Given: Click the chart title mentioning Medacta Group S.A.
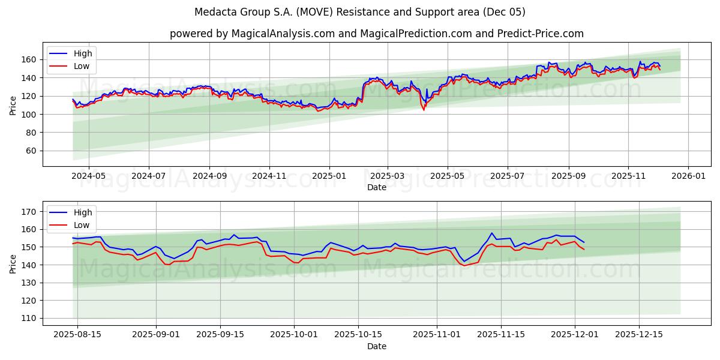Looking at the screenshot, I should click(360, 12).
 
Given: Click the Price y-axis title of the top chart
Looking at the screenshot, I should click(13, 105).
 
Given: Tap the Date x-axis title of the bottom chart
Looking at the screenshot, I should click(376, 346).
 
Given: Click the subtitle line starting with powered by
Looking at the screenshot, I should click(376, 34).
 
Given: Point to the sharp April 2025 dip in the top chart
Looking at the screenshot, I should click(424, 109).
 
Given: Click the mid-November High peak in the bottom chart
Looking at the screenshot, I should click(492, 233).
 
